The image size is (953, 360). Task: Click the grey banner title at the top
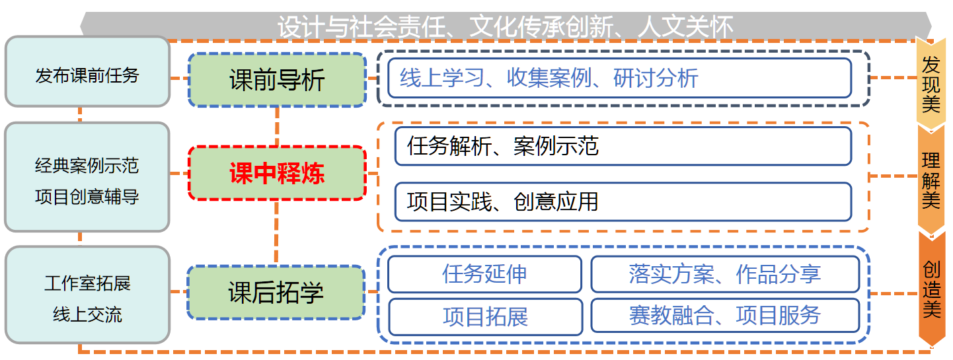tap(506, 26)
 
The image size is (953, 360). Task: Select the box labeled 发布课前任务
tap(87, 71)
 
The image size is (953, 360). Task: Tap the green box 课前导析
tap(278, 80)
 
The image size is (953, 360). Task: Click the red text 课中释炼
tap(278, 174)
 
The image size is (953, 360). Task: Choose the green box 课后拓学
tap(276, 293)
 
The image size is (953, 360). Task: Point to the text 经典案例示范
tap(87, 165)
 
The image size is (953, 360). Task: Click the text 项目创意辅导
tap(87, 197)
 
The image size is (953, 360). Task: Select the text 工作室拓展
tap(87, 283)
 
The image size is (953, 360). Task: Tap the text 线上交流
tap(87, 314)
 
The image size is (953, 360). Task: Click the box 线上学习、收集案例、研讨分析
tap(620, 78)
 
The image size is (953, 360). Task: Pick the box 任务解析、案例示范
tap(623, 146)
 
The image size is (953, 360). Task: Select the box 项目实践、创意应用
tap(623, 202)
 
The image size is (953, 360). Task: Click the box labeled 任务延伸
tap(485, 274)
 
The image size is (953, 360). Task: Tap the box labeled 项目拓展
tap(486, 316)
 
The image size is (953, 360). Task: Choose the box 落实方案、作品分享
tap(725, 274)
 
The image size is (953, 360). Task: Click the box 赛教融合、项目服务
tap(725, 315)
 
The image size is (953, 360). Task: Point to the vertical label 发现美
tap(931, 85)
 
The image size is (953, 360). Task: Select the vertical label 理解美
tap(931, 180)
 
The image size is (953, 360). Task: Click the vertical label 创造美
tap(931, 290)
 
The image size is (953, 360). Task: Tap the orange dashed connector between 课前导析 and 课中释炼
tap(278, 127)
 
